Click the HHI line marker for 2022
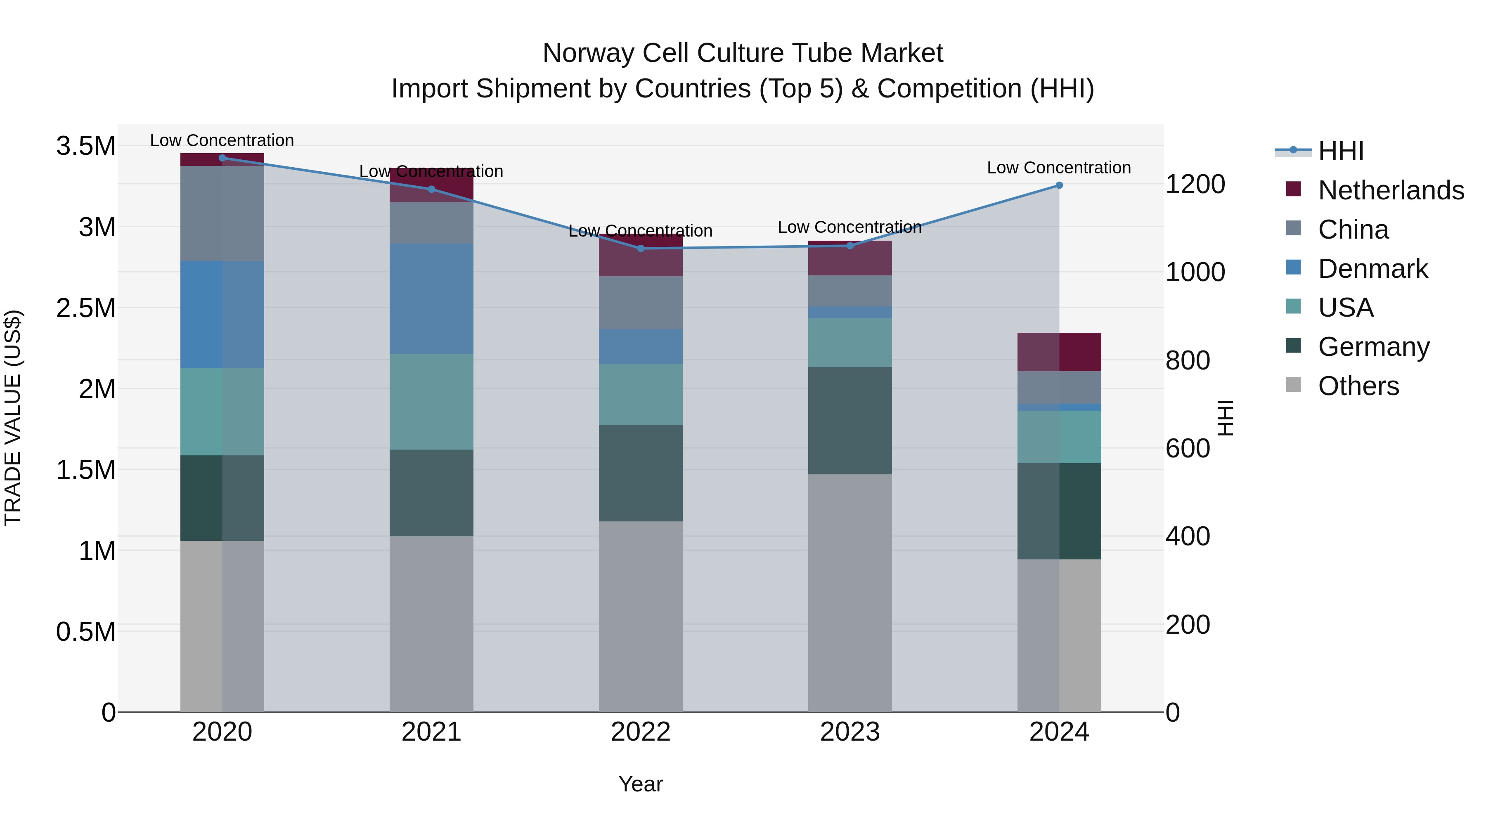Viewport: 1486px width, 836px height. pyautogui.click(x=640, y=249)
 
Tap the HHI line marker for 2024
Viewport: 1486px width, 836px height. pyautogui.click(x=1059, y=185)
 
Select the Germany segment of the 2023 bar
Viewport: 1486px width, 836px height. pyautogui.click(x=850, y=421)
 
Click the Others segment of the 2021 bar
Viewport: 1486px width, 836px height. pyautogui.click(x=431, y=624)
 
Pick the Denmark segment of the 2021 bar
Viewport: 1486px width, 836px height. pyautogui.click(x=431, y=298)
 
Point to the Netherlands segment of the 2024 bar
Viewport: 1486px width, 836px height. pyautogui.click(x=1059, y=352)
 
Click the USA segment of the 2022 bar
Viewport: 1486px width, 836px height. pyautogui.click(x=640, y=395)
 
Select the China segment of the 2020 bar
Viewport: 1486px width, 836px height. pyautogui.click(x=222, y=213)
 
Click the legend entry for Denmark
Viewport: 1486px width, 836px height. pyautogui.click(x=1372, y=269)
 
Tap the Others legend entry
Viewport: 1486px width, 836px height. pyautogui.click(x=1358, y=386)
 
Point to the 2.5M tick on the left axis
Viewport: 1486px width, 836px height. pyautogui.click(x=85, y=308)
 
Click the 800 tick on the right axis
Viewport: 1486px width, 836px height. pyautogui.click(x=1187, y=360)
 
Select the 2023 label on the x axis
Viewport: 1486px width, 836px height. pyautogui.click(x=850, y=732)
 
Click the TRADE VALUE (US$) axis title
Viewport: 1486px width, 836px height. pyautogui.click(x=13, y=418)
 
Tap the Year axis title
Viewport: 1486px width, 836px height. pyautogui.click(x=640, y=784)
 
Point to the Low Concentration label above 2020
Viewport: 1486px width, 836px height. pyautogui.click(x=222, y=140)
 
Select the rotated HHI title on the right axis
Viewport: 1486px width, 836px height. pyautogui.click(x=1225, y=418)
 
